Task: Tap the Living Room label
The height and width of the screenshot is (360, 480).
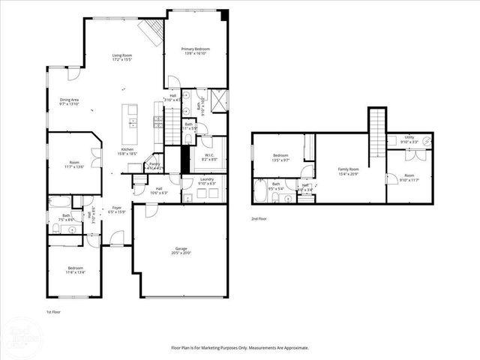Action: (x=122, y=58)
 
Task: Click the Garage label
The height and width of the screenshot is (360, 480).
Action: (x=181, y=251)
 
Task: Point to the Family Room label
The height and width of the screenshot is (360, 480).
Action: (x=348, y=171)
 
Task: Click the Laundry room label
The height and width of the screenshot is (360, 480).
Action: (x=207, y=181)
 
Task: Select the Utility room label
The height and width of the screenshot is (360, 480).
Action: (x=408, y=138)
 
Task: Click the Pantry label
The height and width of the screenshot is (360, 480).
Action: (x=154, y=166)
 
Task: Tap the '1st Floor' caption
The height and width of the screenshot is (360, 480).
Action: (x=54, y=310)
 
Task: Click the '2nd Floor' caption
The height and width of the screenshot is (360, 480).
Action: (x=259, y=219)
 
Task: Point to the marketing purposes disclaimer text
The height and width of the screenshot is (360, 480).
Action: (x=240, y=347)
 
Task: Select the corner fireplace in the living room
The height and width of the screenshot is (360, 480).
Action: (x=151, y=31)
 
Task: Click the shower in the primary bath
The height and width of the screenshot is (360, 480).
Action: (x=218, y=100)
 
